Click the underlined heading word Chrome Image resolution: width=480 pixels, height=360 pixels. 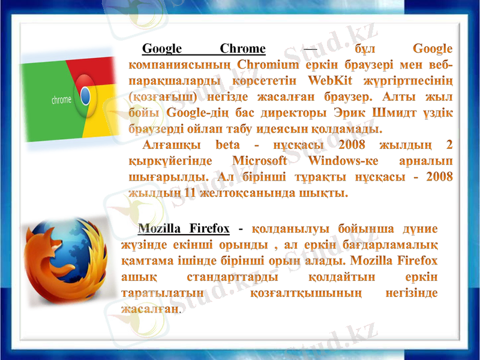pos(242,49)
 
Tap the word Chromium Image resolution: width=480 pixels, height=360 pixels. pos(266,64)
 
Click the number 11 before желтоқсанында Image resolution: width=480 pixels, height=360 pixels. pos(190,194)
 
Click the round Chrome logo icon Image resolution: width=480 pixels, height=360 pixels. pos(85,97)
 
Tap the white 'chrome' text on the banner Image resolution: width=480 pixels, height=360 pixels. pos(61,100)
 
